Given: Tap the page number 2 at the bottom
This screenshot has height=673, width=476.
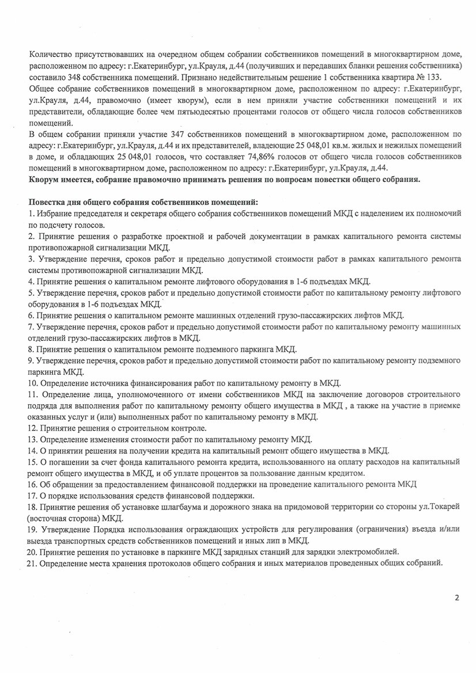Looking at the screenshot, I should pos(457,598).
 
